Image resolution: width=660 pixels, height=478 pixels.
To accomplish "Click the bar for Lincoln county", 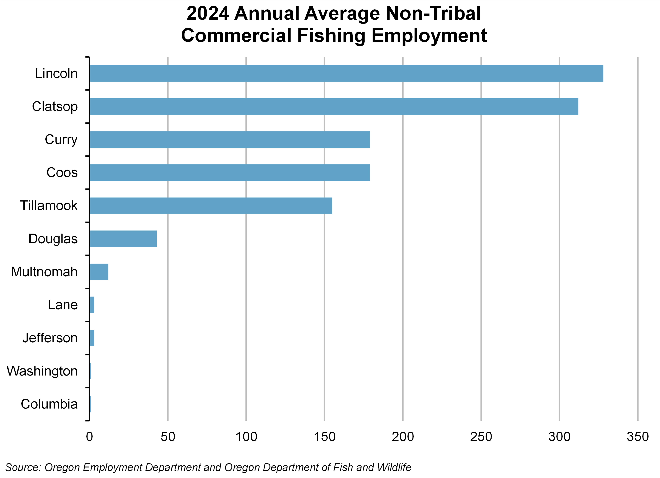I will point(346,73).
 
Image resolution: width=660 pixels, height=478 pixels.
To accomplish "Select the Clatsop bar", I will point(334,107).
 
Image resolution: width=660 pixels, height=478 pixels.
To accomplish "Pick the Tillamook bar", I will point(211,206).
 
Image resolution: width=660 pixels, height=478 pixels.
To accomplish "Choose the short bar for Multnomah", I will point(99,272).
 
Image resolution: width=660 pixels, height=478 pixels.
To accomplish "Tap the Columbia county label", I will point(49,404).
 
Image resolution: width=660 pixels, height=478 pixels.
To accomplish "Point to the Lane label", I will point(63,305).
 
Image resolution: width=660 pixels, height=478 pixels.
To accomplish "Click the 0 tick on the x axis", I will point(89,437).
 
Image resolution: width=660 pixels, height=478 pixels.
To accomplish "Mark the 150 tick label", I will point(324,437).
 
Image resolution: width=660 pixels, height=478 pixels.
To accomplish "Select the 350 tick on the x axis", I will point(638,437).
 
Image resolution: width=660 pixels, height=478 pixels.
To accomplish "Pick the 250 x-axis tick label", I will point(481,437).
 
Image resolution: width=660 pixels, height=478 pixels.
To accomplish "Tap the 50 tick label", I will point(168,437).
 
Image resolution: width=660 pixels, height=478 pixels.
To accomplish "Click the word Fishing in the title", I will point(331,36).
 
